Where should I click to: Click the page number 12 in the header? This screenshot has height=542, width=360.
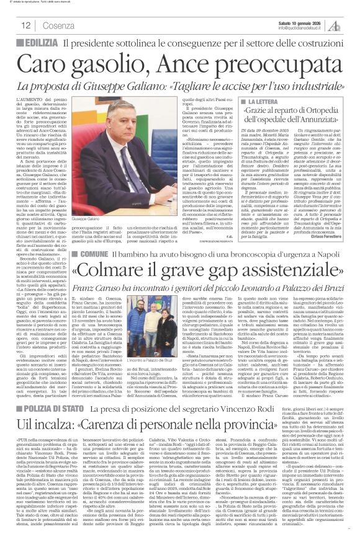pos(26,25)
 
